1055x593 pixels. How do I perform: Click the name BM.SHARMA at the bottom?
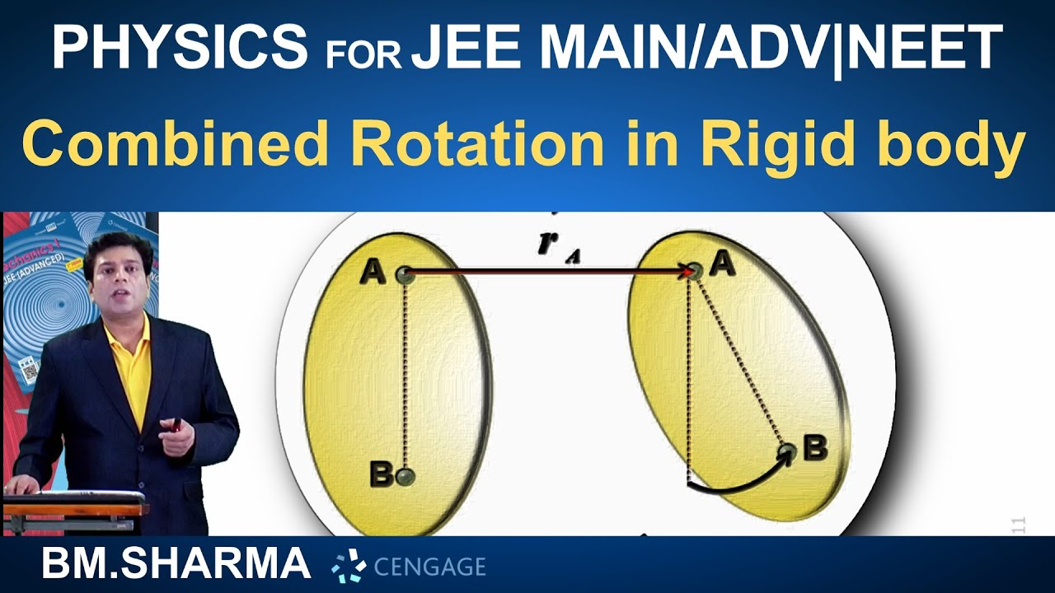176,565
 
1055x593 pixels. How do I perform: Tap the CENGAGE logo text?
429,567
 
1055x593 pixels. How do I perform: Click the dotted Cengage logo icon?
349,567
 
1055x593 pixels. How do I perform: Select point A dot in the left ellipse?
404,275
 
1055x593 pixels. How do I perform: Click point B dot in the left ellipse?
404,475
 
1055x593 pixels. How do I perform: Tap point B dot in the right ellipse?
788,451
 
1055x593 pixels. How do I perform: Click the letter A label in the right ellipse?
723,264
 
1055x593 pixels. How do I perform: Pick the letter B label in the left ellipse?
381,475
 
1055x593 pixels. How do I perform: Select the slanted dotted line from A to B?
740,362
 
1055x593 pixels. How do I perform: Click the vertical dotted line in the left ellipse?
404,375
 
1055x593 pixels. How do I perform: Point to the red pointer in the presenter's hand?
176,426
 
